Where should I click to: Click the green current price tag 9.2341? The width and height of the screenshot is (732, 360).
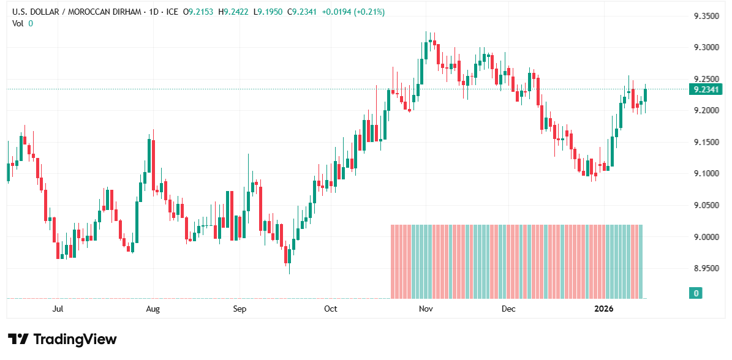click(x=705, y=89)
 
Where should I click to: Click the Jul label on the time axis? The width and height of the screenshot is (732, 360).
click(x=58, y=309)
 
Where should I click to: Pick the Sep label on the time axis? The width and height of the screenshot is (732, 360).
click(x=240, y=309)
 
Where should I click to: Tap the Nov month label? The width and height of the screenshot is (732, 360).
click(x=426, y=309)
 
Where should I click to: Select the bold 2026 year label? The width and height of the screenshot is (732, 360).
click(x=603, y=309)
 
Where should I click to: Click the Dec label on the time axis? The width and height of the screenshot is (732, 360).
click(x=508, y=309)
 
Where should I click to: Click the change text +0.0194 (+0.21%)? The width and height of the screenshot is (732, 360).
click(x=352, y=12)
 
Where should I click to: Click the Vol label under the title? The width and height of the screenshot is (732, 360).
click(x=18, y=23)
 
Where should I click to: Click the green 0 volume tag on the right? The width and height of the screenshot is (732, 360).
click(x=695, y=293)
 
